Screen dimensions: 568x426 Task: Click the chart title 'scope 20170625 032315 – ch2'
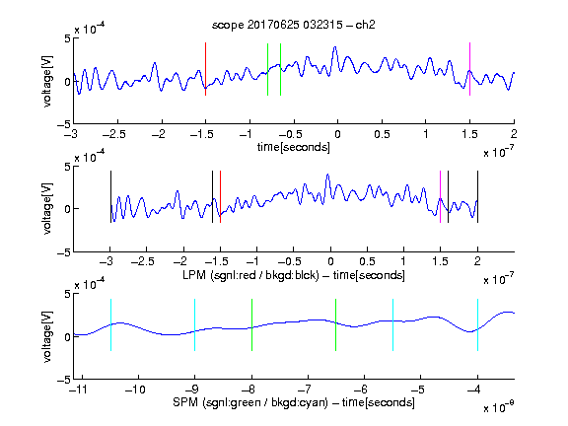pyautogui.click(x=294, y=25)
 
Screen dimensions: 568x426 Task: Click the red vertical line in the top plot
pyautogui.click(x=205, y=69)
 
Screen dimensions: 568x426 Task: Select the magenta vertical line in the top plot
pyautogui.click(x=469, y=69)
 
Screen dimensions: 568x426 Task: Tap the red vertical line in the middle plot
pyautogui.click(x=220, y=196)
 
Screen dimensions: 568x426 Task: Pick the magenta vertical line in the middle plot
pyautogui.click(x=440, y=196)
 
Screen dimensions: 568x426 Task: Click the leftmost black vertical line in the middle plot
pyautogui.click(x=110, y=196)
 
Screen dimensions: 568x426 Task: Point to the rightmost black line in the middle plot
pyautogui.click(x=478, y=196)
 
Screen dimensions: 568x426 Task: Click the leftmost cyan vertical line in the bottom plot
pyautogui.click(x=110, y=325)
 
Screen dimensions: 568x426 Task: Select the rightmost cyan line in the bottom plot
pyautogui.click(x=478, y=325)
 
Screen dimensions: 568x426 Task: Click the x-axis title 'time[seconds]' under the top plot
pyautogui.click(x=294, y=147)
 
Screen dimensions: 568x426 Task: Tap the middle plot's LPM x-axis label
pyautogui.click(x=294, y=275)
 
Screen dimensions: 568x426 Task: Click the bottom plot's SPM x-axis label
pyautogui.click(x=294, y=402)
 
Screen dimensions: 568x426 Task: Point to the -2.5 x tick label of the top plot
pyautogui.click(x=113, y=135)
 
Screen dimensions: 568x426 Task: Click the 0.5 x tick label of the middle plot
pyautogui.click(x=367, y=261)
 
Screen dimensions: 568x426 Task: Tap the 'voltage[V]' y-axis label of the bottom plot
pyautogui.click(x=47, y=336)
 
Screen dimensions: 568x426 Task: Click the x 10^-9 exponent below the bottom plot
pyautogui.click(x=498, y=407)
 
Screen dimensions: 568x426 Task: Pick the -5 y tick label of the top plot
pyautogui.click(x=64, y=124)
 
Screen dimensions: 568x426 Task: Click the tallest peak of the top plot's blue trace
pyautogui.click(x=335, y=47)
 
